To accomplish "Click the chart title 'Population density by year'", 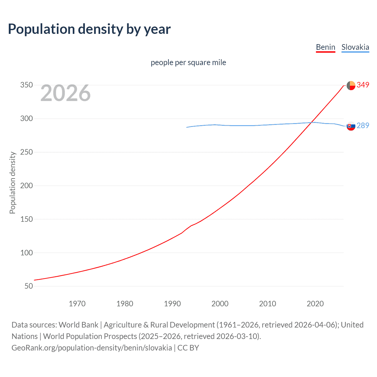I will (89, 29).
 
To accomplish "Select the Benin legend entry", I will (325, 47).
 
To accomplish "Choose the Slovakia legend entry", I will (355, 47).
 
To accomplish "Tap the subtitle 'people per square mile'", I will (188, 62).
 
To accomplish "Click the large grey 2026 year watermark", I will (65, 93).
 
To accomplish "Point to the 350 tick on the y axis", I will (27, 85).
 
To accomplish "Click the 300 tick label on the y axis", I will (27, 119).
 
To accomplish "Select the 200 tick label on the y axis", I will (27, 186).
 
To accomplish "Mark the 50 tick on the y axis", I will (29, 286).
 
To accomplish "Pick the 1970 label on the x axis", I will (77, 304).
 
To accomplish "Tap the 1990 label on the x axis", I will (172, 304).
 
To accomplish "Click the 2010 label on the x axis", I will (267, 304).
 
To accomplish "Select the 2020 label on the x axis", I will (315, 304).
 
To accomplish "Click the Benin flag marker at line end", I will (351, 85).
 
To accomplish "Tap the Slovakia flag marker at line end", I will (351, 126).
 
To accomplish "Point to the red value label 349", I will (363, 85).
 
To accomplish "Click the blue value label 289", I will (363, 125).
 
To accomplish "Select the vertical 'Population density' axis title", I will (12, 183).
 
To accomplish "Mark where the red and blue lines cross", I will (310, 123).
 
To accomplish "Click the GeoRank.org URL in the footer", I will (92, 348).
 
